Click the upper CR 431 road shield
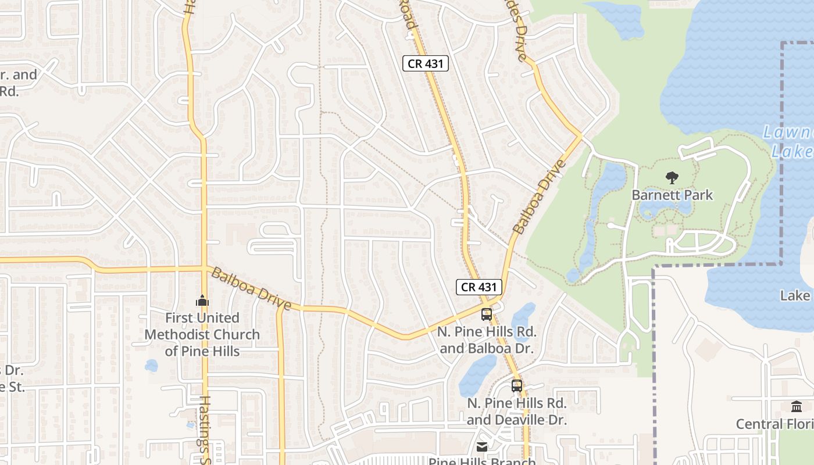tap(426, 63)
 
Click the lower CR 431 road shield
tap(479, 287)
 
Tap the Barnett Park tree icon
tap(672, 178)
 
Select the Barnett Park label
tap(672, 195)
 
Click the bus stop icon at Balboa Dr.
tap(486, 314)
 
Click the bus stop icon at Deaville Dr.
tap(516, 385)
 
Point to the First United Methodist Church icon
tap(202, 301)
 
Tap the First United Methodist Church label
tap(202, 334)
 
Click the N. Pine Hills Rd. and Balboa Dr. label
tap(487, 340)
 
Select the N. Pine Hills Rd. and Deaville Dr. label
tap(516, 412)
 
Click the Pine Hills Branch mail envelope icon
tap(482, 447)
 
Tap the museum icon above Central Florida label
tap(797, 406)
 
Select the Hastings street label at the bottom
tap(205, 430)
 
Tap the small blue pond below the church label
tap(151, 366)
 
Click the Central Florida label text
tap(774, 424)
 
